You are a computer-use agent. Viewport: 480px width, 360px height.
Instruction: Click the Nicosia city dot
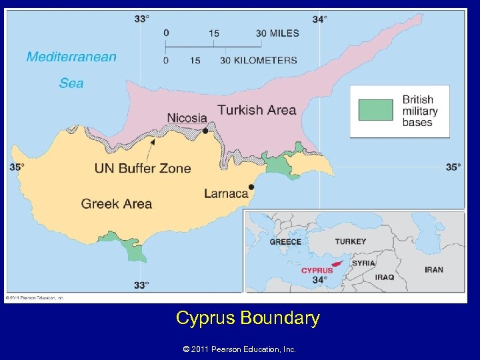(x=205, y=131)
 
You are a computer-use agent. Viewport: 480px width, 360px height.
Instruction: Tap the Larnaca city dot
(x=251, y=187)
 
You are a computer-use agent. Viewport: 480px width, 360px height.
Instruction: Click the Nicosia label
(x=187, y=118)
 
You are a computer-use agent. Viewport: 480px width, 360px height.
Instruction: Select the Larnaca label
(x=226, y=193)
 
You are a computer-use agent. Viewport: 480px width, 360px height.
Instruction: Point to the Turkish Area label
(x=257, y=110)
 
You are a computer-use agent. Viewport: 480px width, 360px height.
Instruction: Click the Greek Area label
(x=117, y=203)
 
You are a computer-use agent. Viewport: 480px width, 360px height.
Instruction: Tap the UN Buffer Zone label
(x=143, y=168)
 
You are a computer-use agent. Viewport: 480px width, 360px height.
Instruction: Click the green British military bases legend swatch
(x=375, y=110)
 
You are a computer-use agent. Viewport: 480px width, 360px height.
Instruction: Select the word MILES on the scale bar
(x=285, y=33)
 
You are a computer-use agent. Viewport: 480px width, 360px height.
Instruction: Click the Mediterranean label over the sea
(x=71, y=57)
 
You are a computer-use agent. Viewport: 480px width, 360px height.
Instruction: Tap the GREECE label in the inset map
(x=285, y=242)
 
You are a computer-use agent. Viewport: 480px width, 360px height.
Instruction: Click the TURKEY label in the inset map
(x=350, y=241)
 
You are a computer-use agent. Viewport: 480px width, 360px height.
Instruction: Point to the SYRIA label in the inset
(x=363, y=263)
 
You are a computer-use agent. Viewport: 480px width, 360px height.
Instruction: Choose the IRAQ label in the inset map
(x=384, y=277)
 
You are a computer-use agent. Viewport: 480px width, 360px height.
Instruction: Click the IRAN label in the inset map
(x=433, y=269)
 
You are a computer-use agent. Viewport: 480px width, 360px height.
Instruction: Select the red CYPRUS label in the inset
(x=317, y=271)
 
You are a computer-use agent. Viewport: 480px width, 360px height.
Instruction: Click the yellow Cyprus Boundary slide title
(x=248, y=318)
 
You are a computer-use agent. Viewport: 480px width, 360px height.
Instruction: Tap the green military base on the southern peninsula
(x=135, y=251)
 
